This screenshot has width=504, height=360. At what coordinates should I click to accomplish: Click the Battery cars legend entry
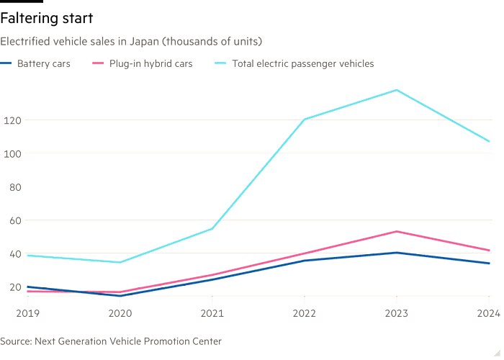click(43, 63)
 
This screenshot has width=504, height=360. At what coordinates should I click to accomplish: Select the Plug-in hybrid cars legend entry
click(150, 63)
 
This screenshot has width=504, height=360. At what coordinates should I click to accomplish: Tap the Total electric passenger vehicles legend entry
click(302, 63)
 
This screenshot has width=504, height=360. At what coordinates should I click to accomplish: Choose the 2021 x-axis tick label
click(212, 313)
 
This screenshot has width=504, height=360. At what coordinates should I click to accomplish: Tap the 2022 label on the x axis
click(305, 313)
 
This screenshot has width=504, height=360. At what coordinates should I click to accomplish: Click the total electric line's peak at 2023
click(397, 90)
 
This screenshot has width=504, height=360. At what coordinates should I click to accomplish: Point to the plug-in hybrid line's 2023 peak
click(397, 231)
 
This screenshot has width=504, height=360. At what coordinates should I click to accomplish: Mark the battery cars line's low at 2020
click(120, 296)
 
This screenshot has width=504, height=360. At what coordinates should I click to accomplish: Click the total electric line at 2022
click(305, 120)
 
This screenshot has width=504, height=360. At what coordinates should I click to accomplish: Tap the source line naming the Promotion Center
click(111, 341)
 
